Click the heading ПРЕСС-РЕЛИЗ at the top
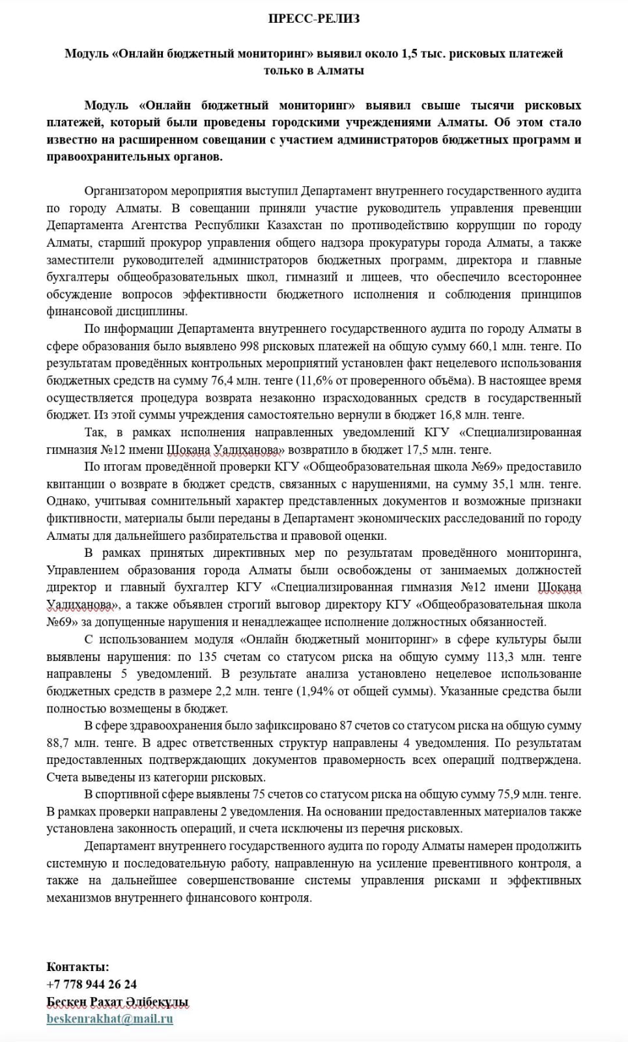(x=313, y=19)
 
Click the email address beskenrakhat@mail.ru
(x=109, y=1019)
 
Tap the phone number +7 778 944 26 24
(x=92, y=984)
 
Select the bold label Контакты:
(x=78, y=967)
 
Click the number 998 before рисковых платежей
(x=251, y=346)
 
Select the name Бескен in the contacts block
(x=67, y=1002)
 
